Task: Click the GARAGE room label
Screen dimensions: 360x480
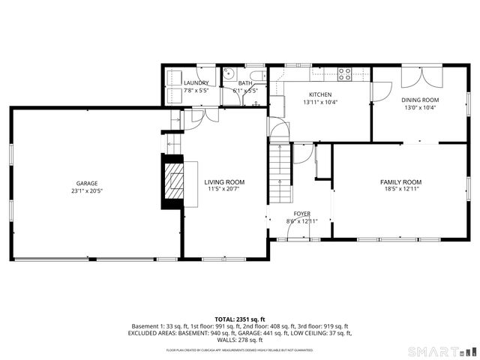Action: [86, 183]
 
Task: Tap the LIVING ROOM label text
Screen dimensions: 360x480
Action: [225, 182]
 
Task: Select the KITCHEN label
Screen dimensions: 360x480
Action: [320, 94]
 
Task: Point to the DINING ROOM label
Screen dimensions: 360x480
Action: [420, 99]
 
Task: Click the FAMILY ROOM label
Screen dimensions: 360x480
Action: [400, 182]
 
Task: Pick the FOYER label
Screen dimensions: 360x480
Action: [302, 213]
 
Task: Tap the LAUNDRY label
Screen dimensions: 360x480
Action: [196, 82]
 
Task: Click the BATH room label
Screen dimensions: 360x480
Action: [245, 82]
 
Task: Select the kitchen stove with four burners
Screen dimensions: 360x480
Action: [344, 73]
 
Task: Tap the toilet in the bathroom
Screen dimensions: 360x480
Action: [257, 75]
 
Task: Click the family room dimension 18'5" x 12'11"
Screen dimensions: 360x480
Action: [400, 190]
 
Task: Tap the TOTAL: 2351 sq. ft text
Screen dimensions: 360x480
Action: [240, 319]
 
